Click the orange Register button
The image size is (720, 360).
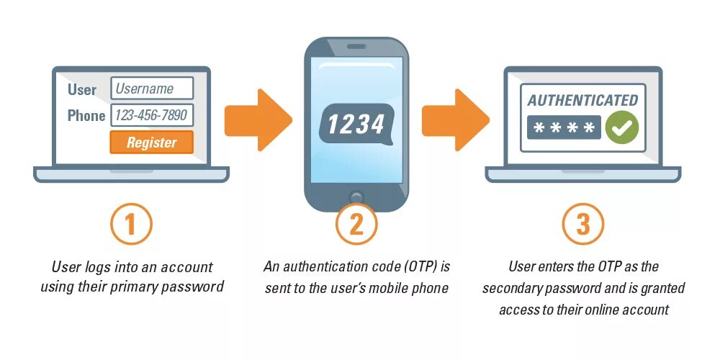click(x=151, y=143)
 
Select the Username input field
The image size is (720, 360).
click(x=152, y=89)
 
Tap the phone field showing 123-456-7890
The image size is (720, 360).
click(x=152, y=115)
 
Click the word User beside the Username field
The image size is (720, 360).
click(x=82, y=89)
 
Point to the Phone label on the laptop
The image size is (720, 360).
click(x=86, y=116)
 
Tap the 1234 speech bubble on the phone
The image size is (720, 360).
click(x=356, y=124)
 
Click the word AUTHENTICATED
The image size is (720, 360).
click(x=582, y=100)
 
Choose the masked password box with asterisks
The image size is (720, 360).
click(x=564, y=128)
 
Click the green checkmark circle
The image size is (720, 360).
click(x=622, y=127)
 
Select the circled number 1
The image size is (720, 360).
click(x=131, y=225)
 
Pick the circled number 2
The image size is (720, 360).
click(x=356, y=225)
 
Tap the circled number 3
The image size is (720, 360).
click(x=582, y=225)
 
